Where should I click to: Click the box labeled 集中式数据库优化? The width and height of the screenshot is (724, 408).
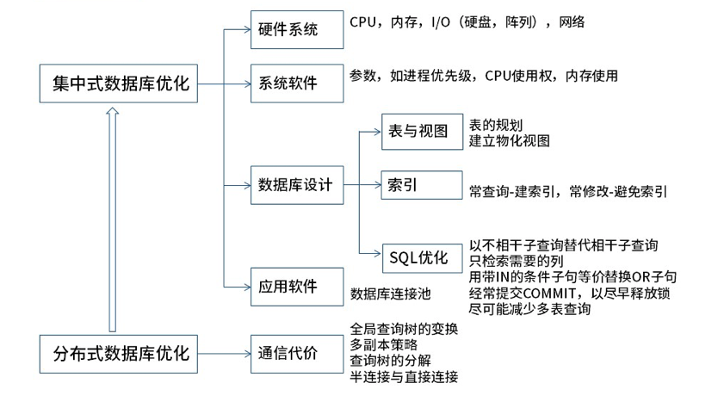coord(121,84)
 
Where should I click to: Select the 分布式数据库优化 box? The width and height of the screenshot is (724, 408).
coord(121,353)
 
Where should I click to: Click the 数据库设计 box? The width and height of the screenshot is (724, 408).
coord(294,185)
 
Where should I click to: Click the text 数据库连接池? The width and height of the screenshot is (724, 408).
coord(390,294)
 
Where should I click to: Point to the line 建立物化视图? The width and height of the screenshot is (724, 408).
coord(509,140)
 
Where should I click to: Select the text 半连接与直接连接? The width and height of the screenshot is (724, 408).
coord(404,376)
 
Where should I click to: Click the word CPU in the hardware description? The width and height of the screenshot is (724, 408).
coord(364,22)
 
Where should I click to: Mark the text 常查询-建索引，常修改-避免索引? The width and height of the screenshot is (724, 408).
coord(568,192)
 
